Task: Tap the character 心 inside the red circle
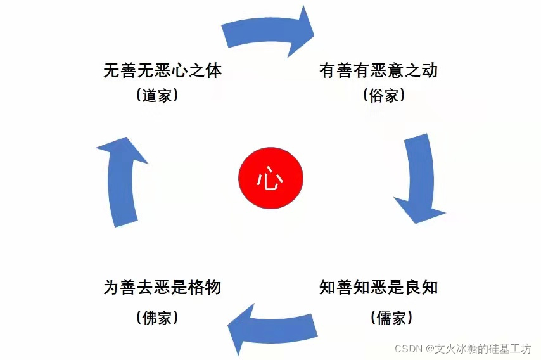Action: [270, 179]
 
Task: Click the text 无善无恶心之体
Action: [162, 70]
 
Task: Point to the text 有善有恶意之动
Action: [378, 70]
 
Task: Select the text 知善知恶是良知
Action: [378, 287]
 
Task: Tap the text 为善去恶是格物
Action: [162, 287]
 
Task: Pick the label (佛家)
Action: [156, 317]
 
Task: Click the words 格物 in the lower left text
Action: [205, 287]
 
